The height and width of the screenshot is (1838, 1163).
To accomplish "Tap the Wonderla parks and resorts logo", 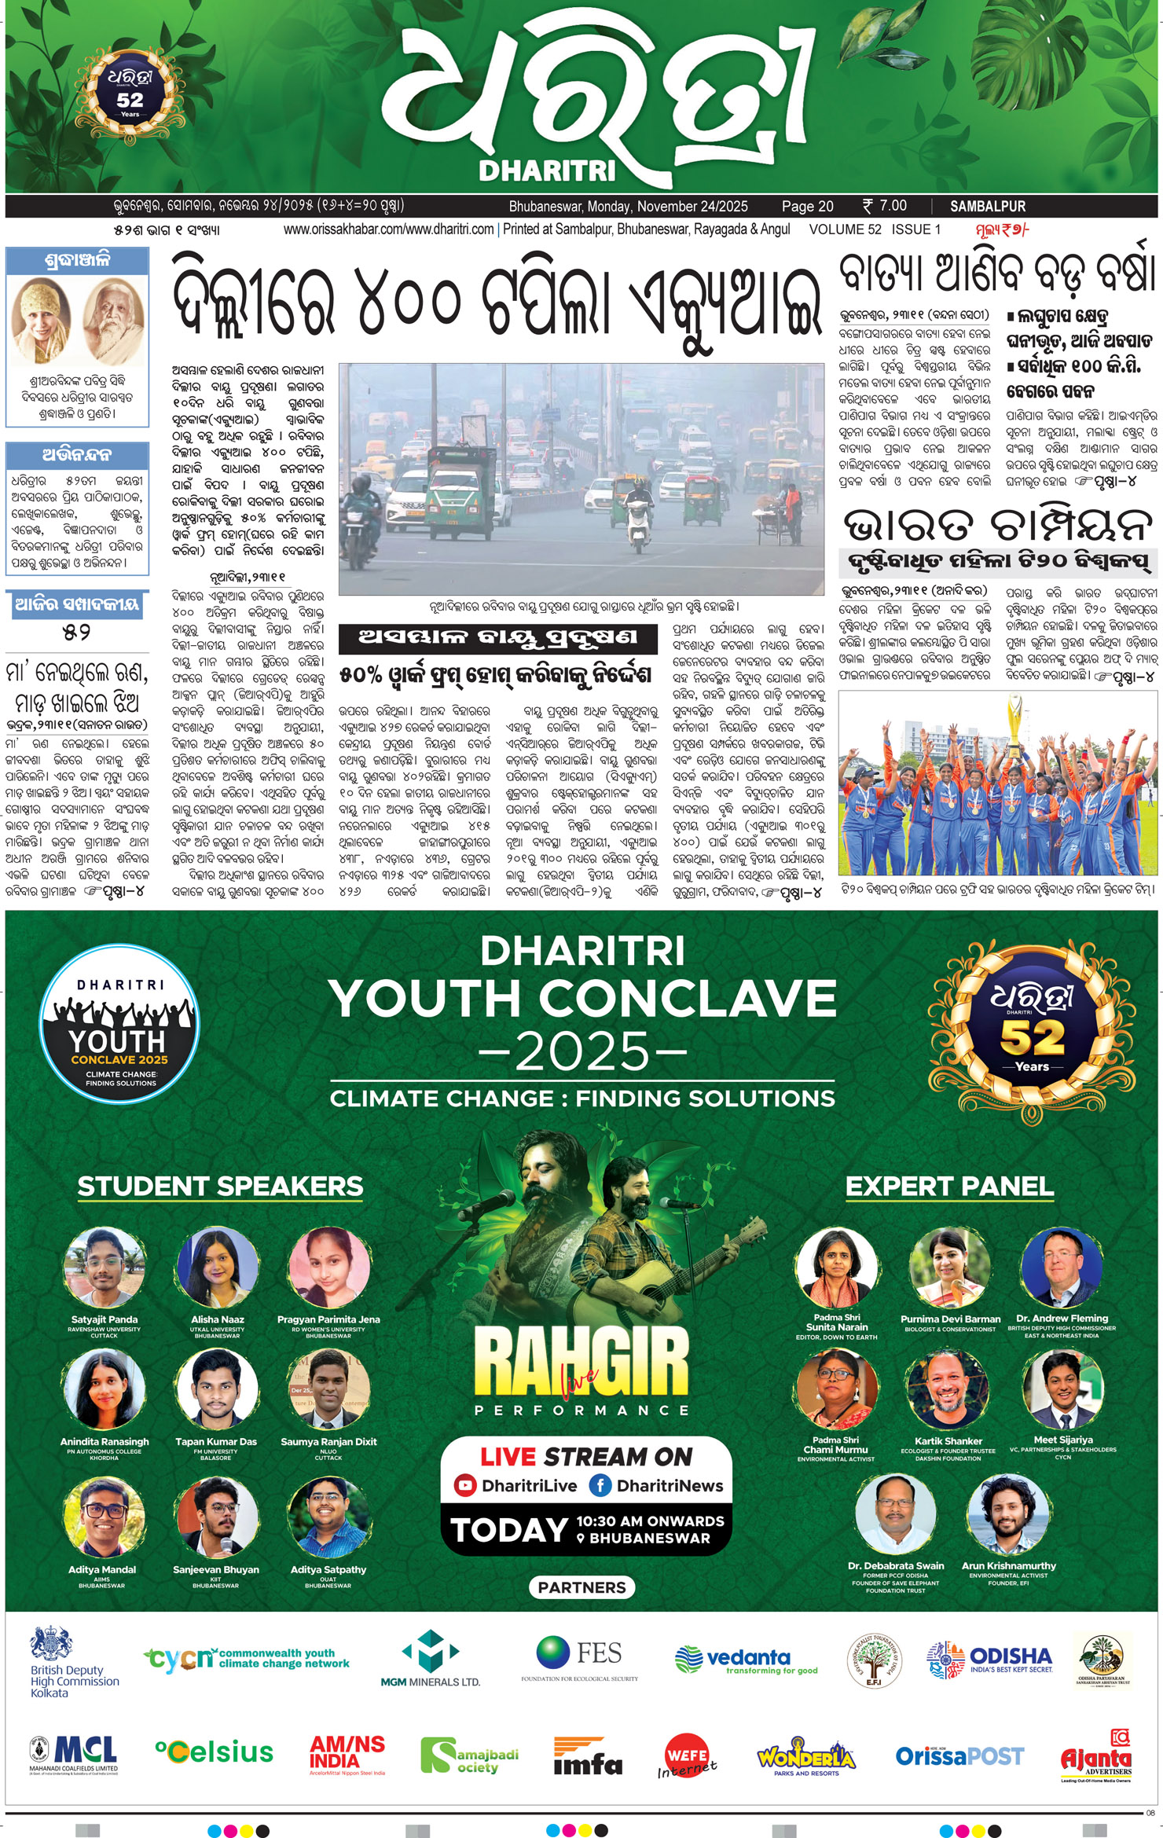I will [805, 1758].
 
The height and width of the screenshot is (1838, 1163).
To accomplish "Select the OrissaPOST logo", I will [959, 1755].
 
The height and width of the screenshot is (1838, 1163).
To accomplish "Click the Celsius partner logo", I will [215, 1752].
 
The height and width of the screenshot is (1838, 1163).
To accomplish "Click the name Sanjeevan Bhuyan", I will [215, 1569].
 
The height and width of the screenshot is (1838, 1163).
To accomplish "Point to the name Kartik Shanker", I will [948, 1441].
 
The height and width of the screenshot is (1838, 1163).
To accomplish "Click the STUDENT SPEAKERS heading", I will [220, 1187].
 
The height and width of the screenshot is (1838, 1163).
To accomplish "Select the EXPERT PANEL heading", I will [949, 1187].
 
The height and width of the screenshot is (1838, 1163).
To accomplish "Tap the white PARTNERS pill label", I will [582, 1587].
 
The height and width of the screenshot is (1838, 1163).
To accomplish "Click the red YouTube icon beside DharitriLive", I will [466, 1485].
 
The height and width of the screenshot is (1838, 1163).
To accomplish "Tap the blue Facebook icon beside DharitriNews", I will [600, 1485].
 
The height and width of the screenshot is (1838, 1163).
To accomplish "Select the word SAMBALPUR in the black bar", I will [988, 207].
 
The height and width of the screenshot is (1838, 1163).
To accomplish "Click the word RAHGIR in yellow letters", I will [581, 1364].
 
